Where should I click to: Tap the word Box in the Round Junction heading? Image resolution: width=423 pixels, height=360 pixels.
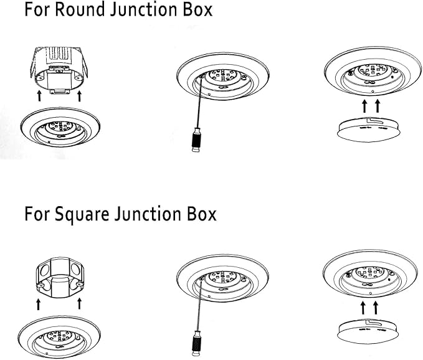[x=196, y=10]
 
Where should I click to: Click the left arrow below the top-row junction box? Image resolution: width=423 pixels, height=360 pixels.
[x=39, y=96]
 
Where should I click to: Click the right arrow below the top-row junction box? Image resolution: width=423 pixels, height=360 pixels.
[x=79, y=96]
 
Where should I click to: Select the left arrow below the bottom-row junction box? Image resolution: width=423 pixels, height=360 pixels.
[x=39, y=304]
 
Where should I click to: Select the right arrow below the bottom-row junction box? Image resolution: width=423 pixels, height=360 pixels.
[x=79, y=304]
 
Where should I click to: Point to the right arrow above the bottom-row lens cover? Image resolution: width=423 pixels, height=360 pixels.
[x=376, y=307]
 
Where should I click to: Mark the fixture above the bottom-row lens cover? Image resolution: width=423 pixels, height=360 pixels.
[x=371, y=275]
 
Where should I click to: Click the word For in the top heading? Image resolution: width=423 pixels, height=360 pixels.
[x=37, y=10]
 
